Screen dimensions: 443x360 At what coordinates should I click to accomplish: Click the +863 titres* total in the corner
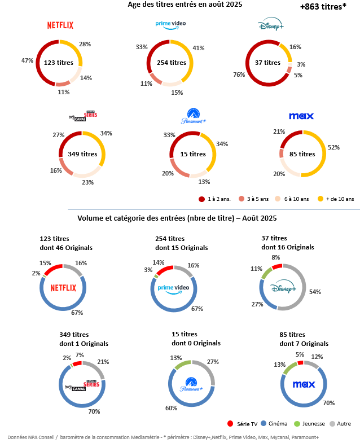coord(323,7)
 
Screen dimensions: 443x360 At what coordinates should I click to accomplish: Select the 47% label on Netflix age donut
coord(26,60)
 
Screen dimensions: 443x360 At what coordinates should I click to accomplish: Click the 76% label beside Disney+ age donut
coord(239,75)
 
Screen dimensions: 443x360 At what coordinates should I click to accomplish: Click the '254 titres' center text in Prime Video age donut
coord(170,63)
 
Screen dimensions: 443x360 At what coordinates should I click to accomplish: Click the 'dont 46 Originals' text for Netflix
coord(66,248)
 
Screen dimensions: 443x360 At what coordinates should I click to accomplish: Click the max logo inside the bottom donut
coord(303,384)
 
